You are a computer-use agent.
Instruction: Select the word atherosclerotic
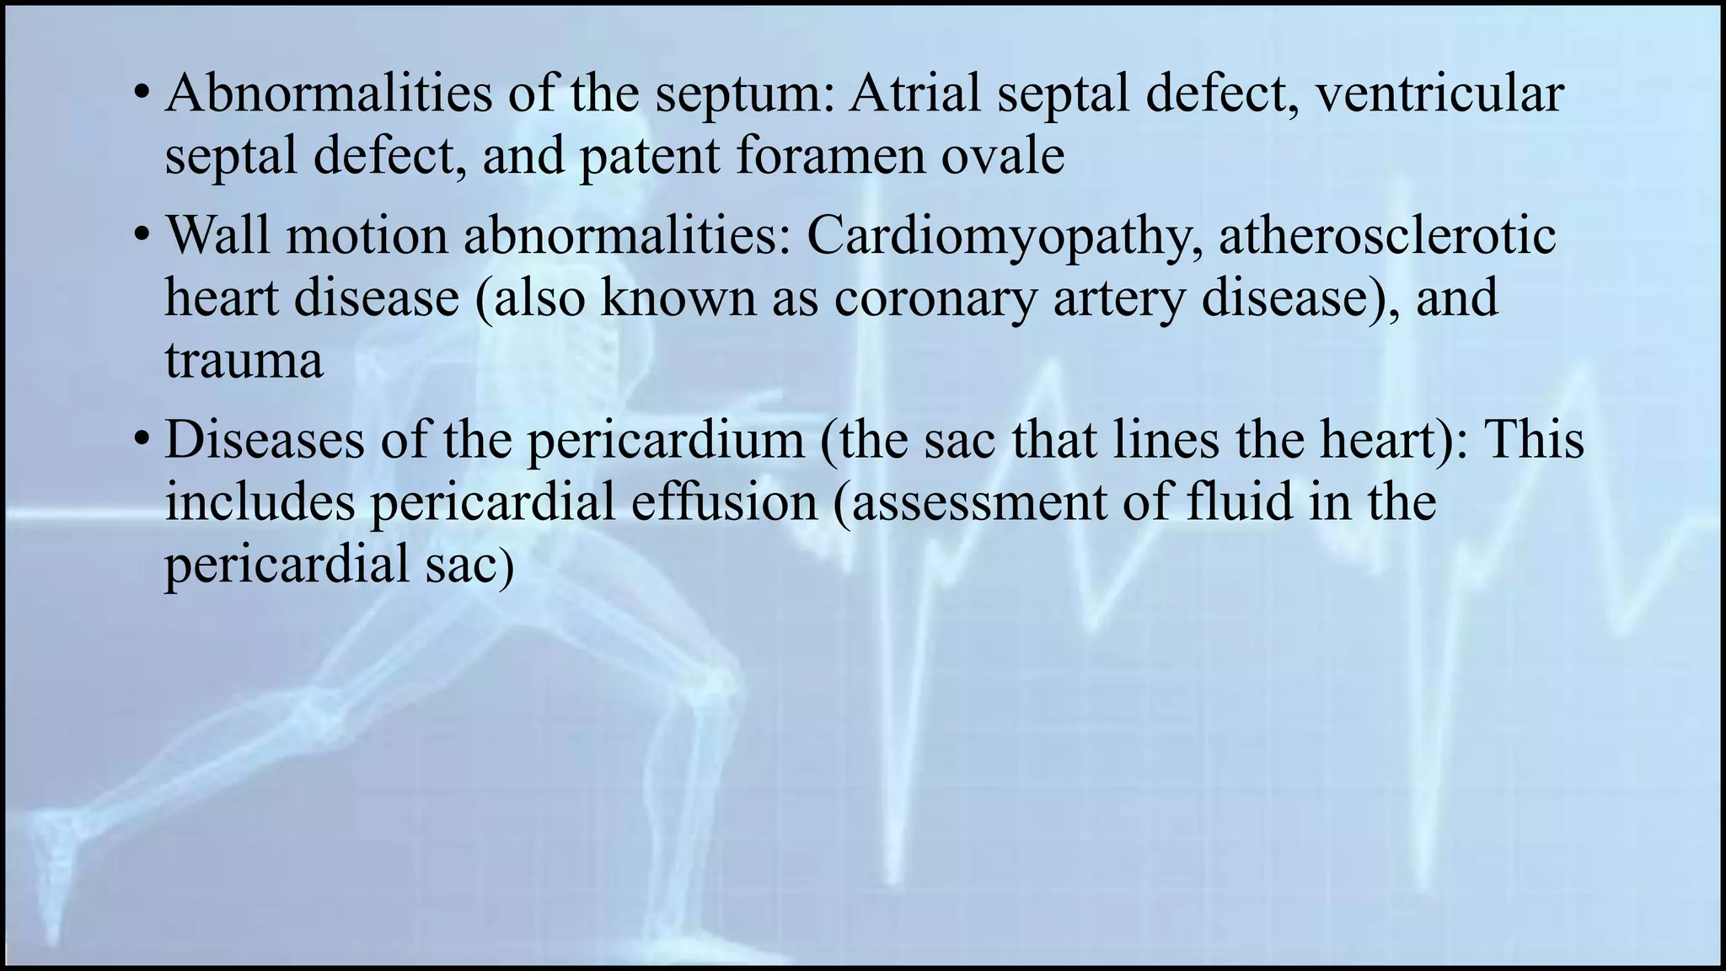tap(1387, 235)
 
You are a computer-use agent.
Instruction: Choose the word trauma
tap(244, 361)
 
